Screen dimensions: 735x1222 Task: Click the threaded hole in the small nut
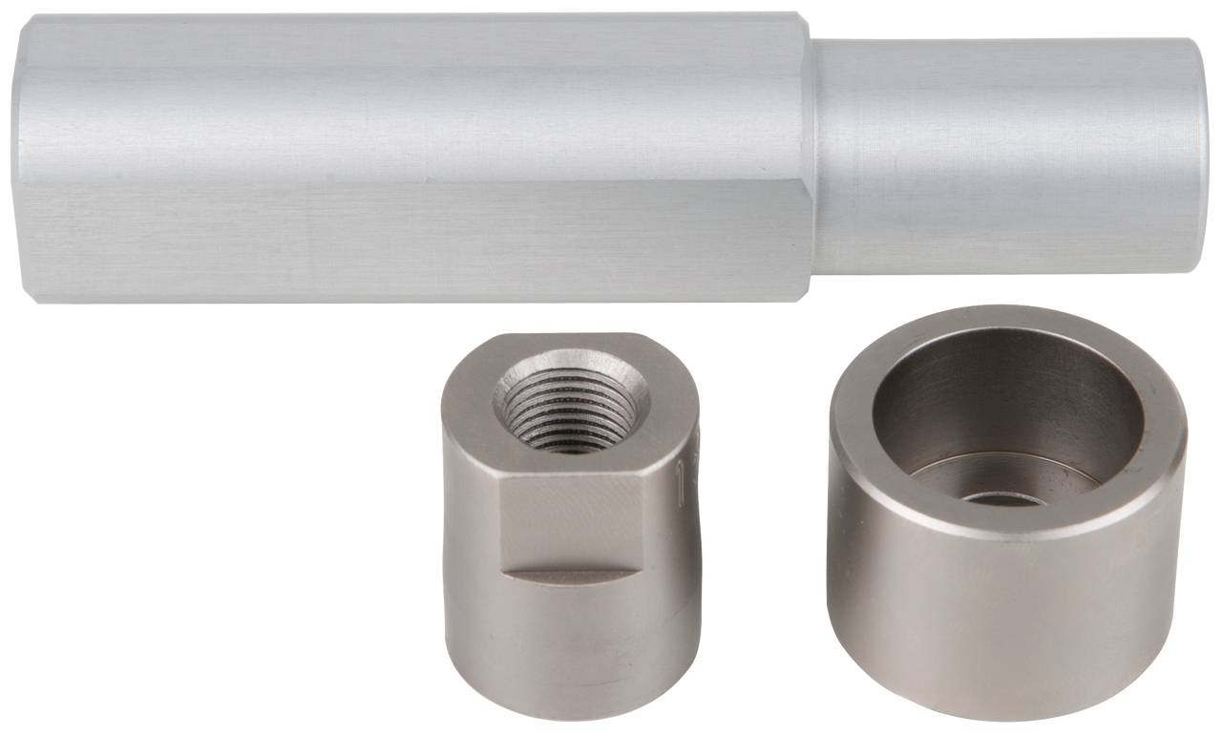tap(571, 403)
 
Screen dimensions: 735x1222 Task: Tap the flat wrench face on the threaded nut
tap(570, 520)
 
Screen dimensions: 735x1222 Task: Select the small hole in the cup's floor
tap(1001, 498)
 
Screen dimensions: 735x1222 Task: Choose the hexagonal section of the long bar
tap(411, 157)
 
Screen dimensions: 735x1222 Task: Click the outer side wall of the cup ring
tap(1007, 611)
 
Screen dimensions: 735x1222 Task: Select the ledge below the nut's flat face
tap(570, 575)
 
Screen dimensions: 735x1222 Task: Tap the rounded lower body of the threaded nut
tap(571, 640)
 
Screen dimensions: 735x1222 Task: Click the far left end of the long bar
tap(21, 157)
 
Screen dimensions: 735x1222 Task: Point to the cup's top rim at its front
tap(1007, 524)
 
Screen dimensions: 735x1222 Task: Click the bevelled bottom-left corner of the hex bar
tap(33, 292)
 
